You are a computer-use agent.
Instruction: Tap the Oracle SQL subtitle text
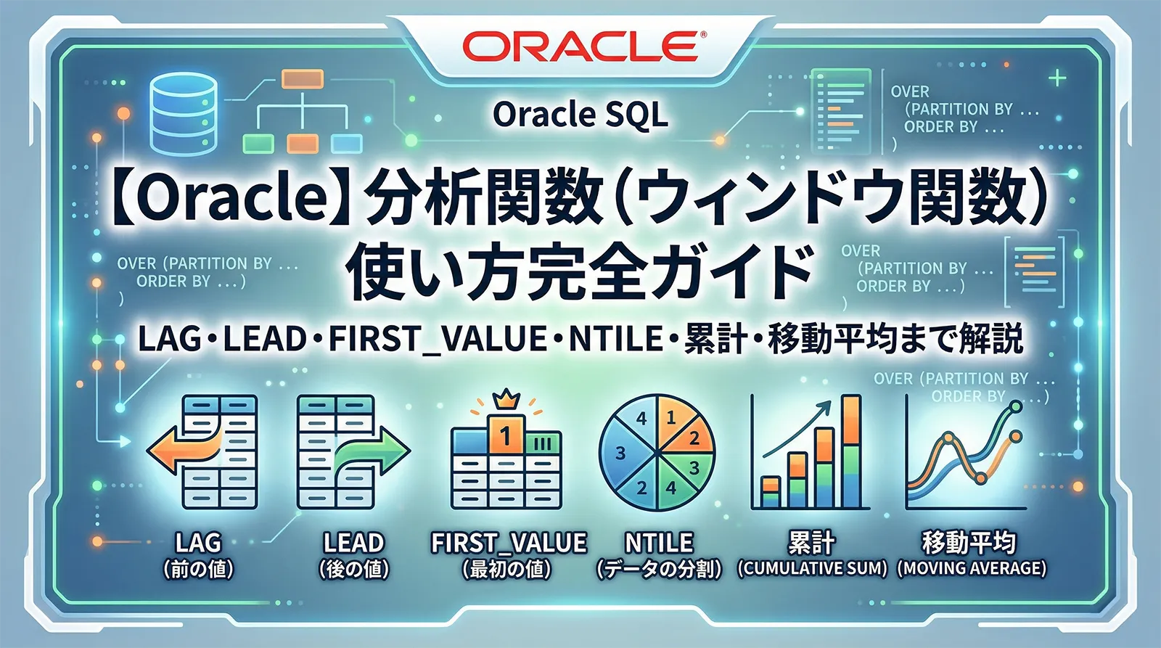click(x=580, y=115)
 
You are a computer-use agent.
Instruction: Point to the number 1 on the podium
click(x=506, y=435)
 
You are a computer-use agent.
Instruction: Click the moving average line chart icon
click(x=965, y=454)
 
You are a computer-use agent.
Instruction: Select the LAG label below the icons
click(x=198, y=543)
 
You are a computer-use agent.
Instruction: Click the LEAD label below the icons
click(x=353, y=543)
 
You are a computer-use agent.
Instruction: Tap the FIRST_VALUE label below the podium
click(x=509, y=543)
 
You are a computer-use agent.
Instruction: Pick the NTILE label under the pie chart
click(x=659, y=543)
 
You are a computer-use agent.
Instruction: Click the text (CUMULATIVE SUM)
click(x=812, y=568)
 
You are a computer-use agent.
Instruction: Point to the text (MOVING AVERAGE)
click(x=972, y=568)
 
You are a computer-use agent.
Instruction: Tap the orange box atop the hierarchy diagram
click(x=302, y=78)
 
